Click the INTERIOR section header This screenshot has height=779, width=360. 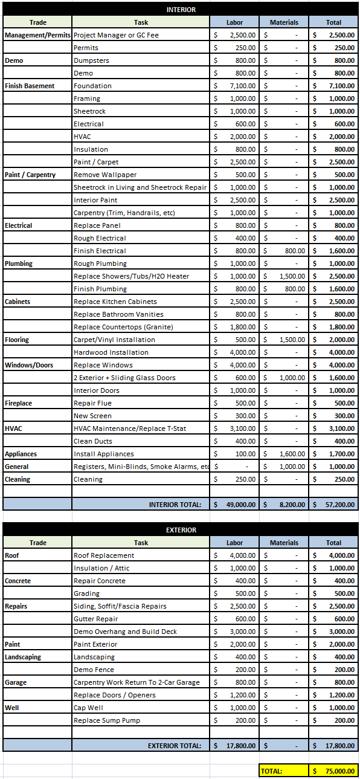[181, 10]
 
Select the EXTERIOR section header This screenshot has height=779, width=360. [181, 530]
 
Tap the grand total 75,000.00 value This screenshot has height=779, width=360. [334, 771]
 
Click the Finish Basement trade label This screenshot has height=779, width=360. [29, 86]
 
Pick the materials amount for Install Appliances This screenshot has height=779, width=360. [284, 454]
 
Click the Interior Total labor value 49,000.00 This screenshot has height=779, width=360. [235, 504]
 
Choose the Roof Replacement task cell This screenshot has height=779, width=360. [104, 555]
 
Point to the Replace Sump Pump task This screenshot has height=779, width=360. [107, 720]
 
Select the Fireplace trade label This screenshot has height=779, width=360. [18, 403]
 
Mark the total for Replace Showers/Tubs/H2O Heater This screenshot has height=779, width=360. [334, 276]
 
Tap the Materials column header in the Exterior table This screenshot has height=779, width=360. [284, 543]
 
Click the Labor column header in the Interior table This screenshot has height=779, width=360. [234, 22]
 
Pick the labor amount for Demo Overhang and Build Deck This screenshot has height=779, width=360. [235, 632]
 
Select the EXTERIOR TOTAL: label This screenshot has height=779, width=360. [175, 746]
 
